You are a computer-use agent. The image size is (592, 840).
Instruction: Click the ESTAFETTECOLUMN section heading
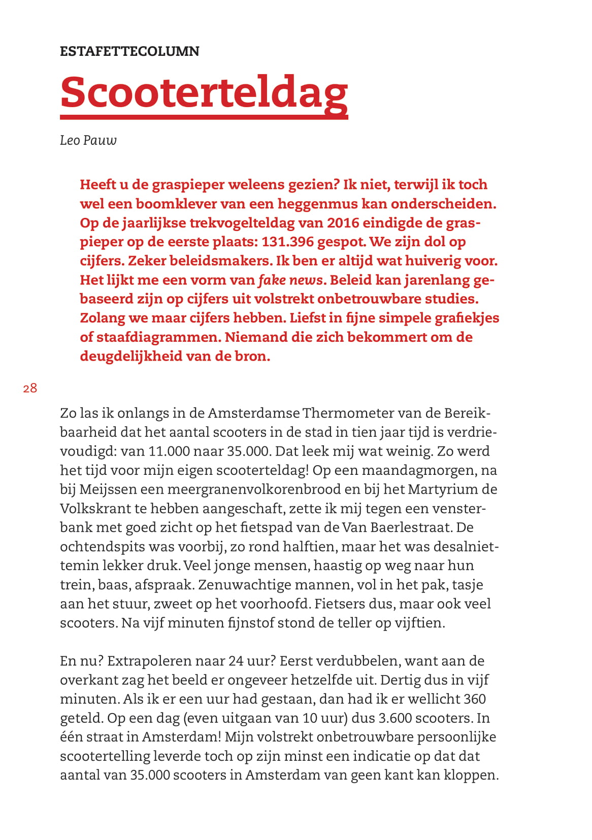pos(129,51)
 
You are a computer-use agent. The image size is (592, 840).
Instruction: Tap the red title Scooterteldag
pos(204,92)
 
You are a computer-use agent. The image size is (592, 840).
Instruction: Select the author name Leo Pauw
pos(88,140)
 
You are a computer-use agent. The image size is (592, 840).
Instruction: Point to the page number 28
pos(30,389)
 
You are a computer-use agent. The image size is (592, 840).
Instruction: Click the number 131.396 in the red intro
pos(287,242)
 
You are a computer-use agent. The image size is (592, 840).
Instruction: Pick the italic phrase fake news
pos(290,280)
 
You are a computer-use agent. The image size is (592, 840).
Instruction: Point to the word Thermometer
pos(347,413)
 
